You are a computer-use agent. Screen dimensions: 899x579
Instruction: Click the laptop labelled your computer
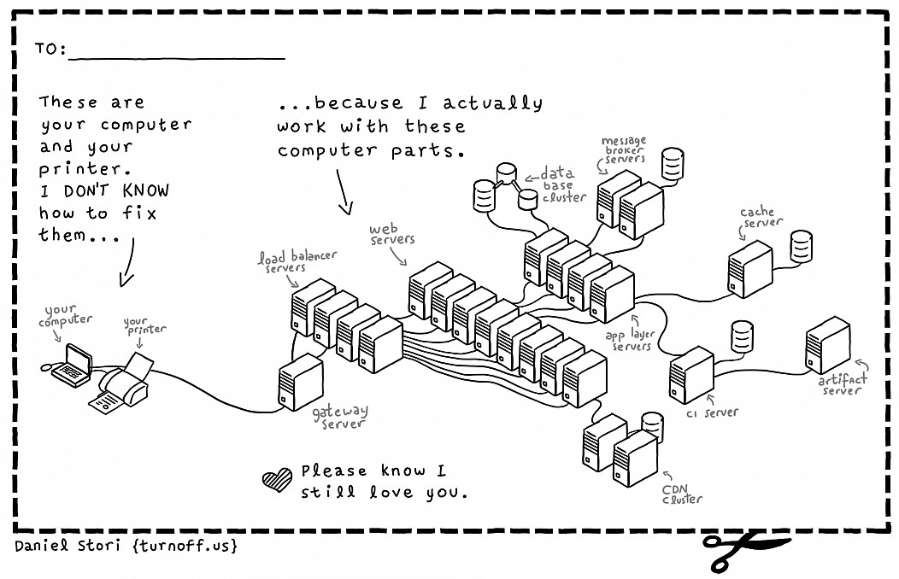click(x=73, y=366)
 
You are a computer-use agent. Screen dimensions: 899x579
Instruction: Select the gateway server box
click(x=301, y=382)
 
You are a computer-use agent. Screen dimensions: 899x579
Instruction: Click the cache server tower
click(x=750, y=269)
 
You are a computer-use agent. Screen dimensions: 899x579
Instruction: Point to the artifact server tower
click(x=827, y=345)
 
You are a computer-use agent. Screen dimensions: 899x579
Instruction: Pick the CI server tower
click(x=691, y=375)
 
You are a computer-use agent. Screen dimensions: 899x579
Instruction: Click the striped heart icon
click(x=277, y=480)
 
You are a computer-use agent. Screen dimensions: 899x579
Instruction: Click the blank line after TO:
click(x=177, y=58)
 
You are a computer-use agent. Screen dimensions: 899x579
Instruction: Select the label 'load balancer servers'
click(x=297, y=261)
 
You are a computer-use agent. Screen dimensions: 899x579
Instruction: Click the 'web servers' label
click(x=391, y=234)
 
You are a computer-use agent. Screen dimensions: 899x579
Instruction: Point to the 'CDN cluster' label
click(x=682, y=494)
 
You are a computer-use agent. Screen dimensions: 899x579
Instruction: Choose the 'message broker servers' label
click(x=624, y=149)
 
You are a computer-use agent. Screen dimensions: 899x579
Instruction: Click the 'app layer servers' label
click(x=630, y=340)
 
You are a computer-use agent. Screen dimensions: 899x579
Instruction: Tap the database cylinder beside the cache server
click(x=801, y=246)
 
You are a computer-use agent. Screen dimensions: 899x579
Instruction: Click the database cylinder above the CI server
click(x=742, y=336)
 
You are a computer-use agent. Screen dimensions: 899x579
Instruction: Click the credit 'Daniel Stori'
click(x=67, y=545)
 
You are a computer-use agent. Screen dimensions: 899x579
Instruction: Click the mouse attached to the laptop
click(x=46, y=368)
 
